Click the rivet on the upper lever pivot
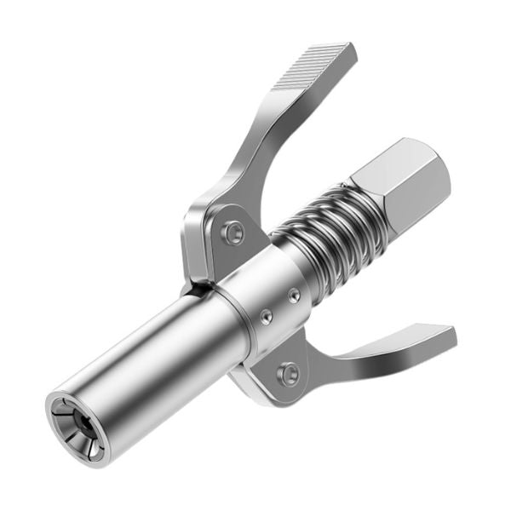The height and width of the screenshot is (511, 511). click(x=231, y=232)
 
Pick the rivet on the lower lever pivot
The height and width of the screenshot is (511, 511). click(x=290, y=372)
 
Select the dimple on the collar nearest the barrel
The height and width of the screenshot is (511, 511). click(x=267, y=316)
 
